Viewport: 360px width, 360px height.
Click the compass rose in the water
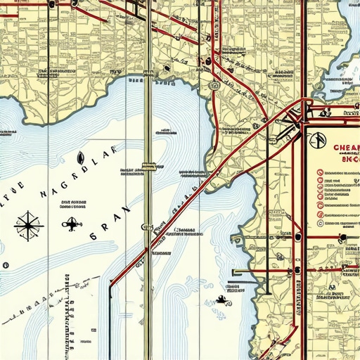pos(27,226)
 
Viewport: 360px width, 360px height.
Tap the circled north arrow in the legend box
pos(319,141)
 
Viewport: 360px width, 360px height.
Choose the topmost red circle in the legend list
pos(321,172)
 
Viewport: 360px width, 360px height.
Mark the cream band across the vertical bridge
pos(148,167)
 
